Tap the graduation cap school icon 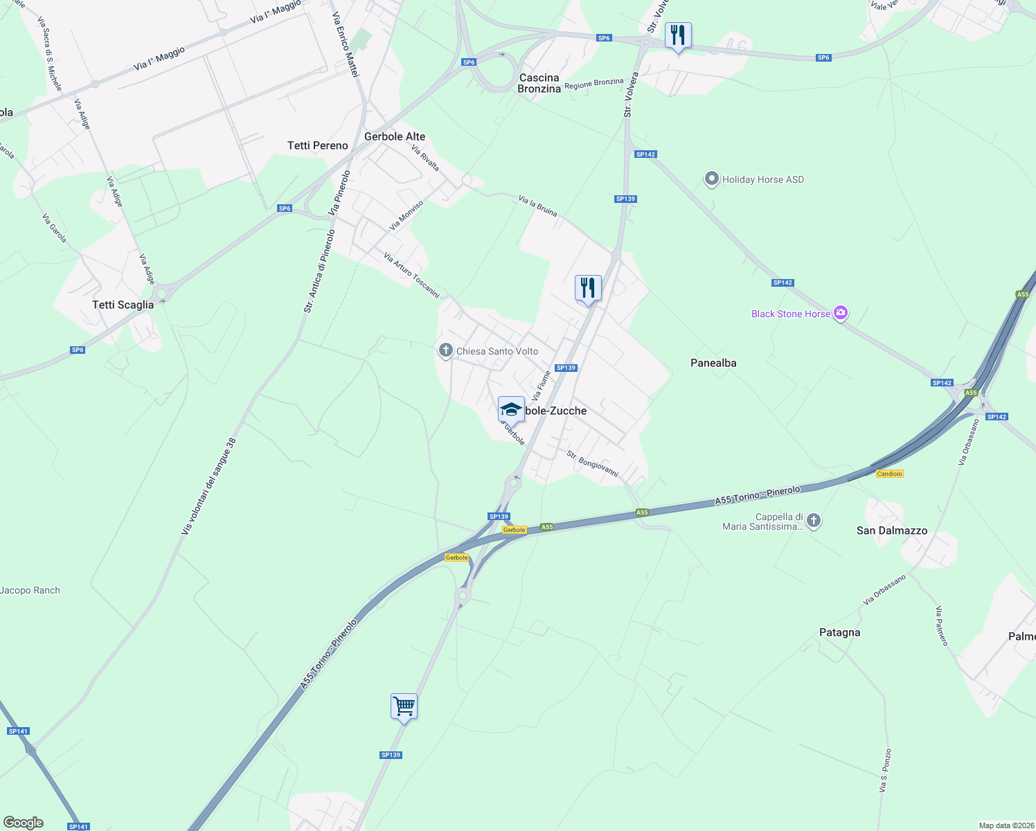coord(511,409)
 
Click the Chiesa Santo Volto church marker coord(446,350)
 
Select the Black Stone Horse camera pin coord(841,313)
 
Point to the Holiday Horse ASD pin coord(711,179)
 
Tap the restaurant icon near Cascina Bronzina coord(678,35)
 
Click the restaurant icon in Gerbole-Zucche coord(588,287)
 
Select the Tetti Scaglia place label coord(123,305)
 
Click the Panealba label coord(713,363)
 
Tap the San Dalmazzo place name coord(892,530)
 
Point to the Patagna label coord(839,632)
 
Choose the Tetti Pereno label coord(318,145)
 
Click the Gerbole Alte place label coord(395,136)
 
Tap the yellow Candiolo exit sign coord(889,474)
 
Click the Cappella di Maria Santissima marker coord(814,520)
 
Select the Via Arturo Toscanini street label coord(411,275)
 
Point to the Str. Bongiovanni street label coord(592,464)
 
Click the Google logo coord(24,823)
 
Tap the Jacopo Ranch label coord(30,590)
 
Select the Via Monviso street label coord(406,215)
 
